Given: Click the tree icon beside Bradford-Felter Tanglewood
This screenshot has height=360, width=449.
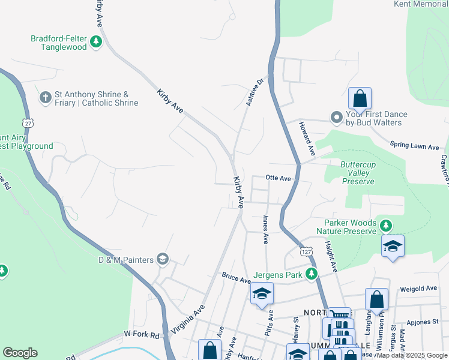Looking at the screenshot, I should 96,43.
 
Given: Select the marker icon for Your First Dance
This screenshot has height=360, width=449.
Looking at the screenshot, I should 336,118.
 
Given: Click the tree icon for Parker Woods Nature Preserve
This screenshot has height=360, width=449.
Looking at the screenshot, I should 385,226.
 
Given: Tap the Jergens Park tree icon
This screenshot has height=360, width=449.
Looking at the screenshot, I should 311,274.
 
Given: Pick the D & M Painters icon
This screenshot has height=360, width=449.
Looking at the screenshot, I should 162,259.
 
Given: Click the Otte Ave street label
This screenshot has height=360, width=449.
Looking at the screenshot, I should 278,178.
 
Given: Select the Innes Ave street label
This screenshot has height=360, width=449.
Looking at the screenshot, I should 264,230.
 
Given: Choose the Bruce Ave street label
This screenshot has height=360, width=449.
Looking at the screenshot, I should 236,279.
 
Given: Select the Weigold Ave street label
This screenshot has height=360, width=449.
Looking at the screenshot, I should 418,288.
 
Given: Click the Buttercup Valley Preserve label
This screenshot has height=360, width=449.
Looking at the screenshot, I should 357,173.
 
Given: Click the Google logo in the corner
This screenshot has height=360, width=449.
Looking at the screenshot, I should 20,352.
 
